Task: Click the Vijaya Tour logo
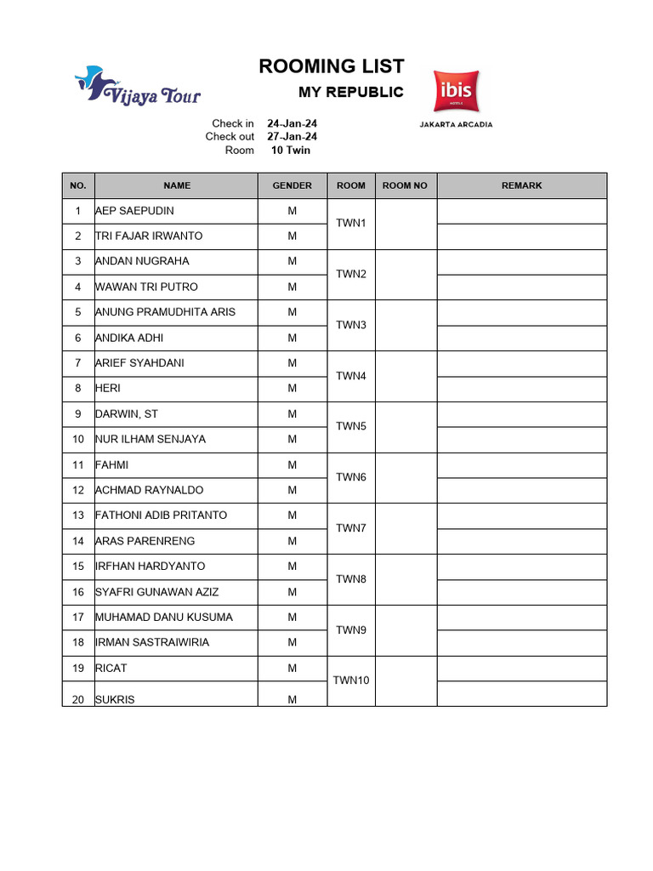138,86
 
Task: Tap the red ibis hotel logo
456,91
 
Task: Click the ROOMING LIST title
332,66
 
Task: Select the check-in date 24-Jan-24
292,123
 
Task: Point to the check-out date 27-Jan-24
292,137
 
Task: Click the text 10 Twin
291,151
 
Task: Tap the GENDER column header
292,185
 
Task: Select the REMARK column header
521,185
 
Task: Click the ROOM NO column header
405,185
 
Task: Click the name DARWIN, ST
127,414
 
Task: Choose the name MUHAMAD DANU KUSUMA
164,618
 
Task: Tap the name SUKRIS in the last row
116,700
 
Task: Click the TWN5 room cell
350,426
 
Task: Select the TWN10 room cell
350,680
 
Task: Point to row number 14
78,541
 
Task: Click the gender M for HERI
292,389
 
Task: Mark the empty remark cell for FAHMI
521,465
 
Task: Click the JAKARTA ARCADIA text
456,124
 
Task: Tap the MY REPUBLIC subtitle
350,93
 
